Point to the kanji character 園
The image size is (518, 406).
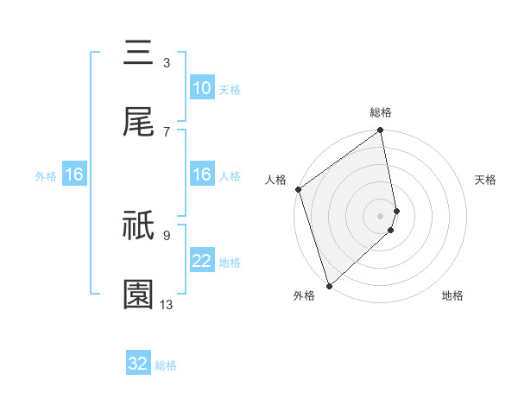[x=138, y=295]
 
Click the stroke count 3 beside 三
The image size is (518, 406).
[x=167, y=62]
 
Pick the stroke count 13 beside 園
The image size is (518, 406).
[x=167, y=304]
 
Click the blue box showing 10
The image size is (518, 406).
[x=201, y=88]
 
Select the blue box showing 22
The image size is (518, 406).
[x=201, y=261]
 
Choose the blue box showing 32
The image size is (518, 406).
[x=138, y=364]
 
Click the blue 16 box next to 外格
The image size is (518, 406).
[x=74, y=175]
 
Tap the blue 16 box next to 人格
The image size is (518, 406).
[x=201, y=174]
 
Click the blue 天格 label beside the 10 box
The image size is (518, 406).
[x=230, y=89]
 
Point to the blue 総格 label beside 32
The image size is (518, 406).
[x=167, y=365]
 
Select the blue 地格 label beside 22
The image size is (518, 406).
[x=230, y=262]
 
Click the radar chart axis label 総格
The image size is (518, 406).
[x=381, y=112]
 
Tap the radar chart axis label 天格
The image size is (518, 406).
[x=486, y=180]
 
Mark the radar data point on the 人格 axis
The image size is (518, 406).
[x=298, y=189]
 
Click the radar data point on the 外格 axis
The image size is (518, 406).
[x=329, y=285]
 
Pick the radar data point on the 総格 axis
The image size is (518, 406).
[x=381, y=131]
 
